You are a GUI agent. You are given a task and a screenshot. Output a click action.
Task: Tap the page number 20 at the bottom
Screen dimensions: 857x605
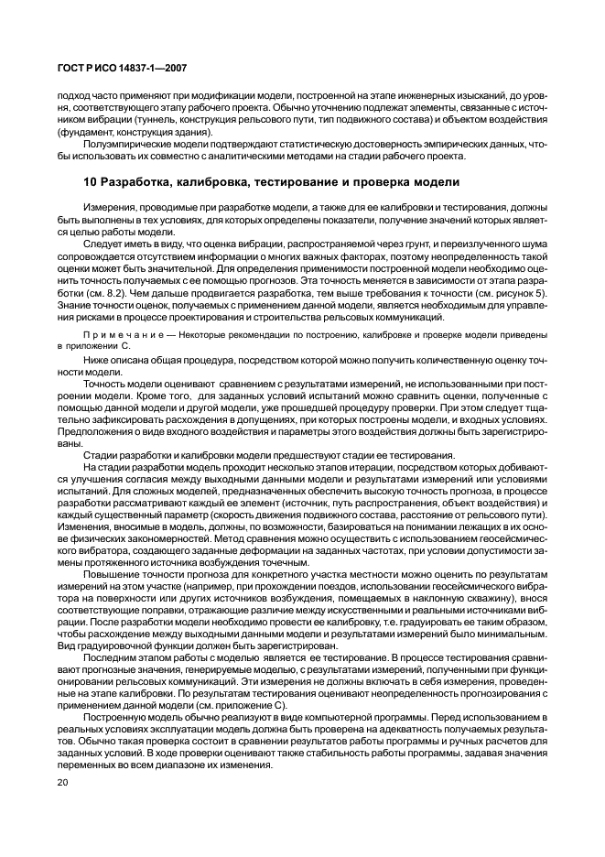tap(62, 783)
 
